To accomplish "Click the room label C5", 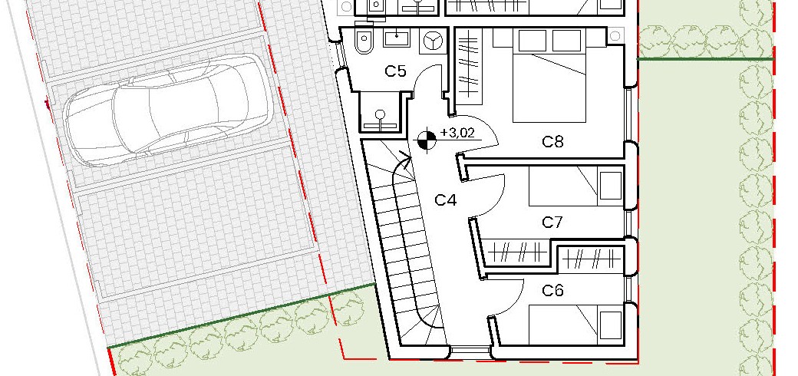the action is tap(395, 71).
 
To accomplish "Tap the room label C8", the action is tap(552, 141).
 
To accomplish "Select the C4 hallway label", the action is tap(446, 200).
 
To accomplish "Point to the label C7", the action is tap(552, 223).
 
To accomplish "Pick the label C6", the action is tap(552, 291).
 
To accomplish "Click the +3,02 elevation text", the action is tap(457, 134).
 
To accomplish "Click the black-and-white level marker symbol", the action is tap(426, 140).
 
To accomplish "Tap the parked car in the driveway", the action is tap(168, 110).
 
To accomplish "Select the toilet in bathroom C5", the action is tap(364, 41).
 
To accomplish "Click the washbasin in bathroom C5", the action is tap(397, 38).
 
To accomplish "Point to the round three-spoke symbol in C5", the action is tap(433, 41).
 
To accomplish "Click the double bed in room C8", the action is tap(548, 75).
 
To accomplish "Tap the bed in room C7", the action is tap(576, 186).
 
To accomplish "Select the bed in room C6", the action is tap(576, 324).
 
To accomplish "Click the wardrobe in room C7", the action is tap(517, 252).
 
